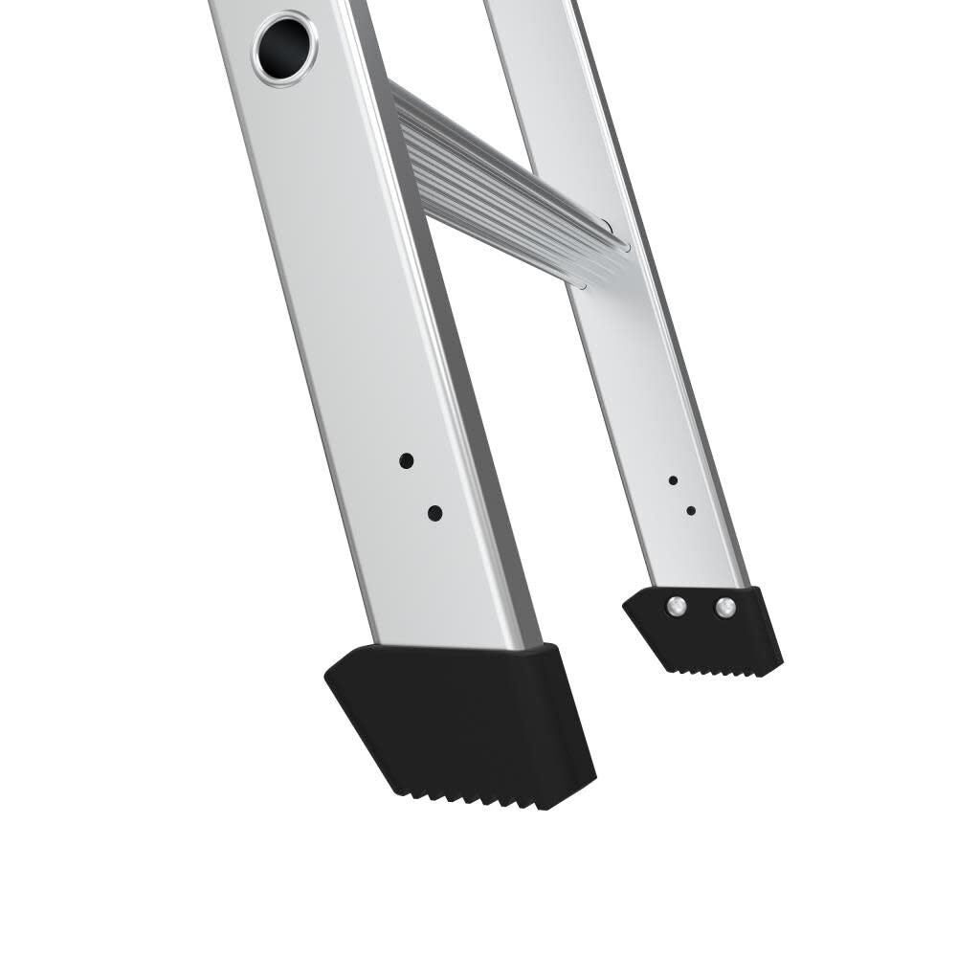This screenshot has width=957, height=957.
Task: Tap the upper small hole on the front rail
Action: point(407,460)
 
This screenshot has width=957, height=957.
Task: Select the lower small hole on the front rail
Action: point(434,513)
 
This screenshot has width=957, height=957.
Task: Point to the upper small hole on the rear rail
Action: point(673,479)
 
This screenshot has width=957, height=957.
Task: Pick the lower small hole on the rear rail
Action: point(690,510)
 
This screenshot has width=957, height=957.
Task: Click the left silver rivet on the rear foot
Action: point(678,606)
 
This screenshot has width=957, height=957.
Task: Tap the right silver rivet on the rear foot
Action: point(724,607)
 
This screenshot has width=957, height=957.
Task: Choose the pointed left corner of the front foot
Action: point(328,678)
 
